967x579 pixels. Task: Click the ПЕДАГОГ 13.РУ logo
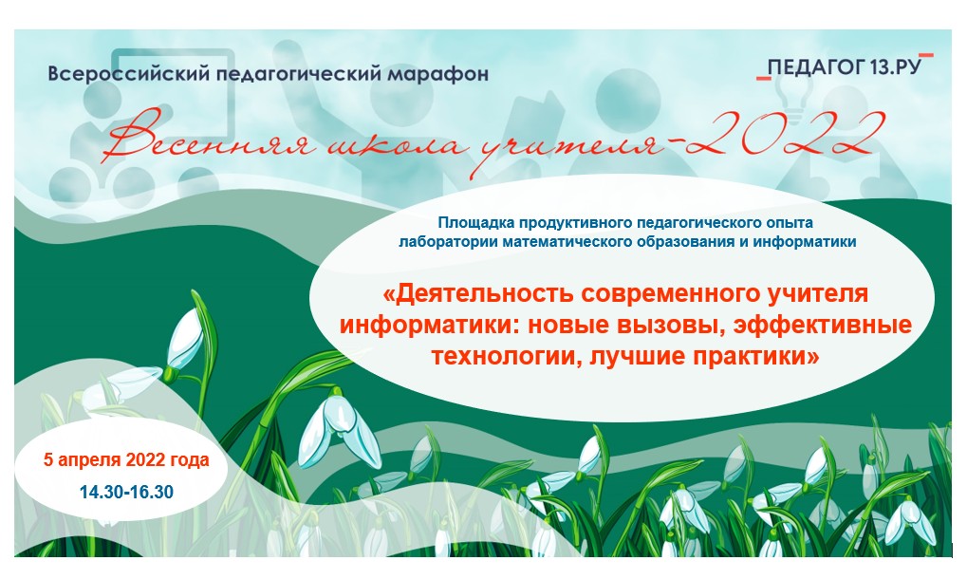[845, 66]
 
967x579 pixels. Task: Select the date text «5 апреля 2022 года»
[126, 459]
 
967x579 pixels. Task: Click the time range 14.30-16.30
[126, 492]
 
